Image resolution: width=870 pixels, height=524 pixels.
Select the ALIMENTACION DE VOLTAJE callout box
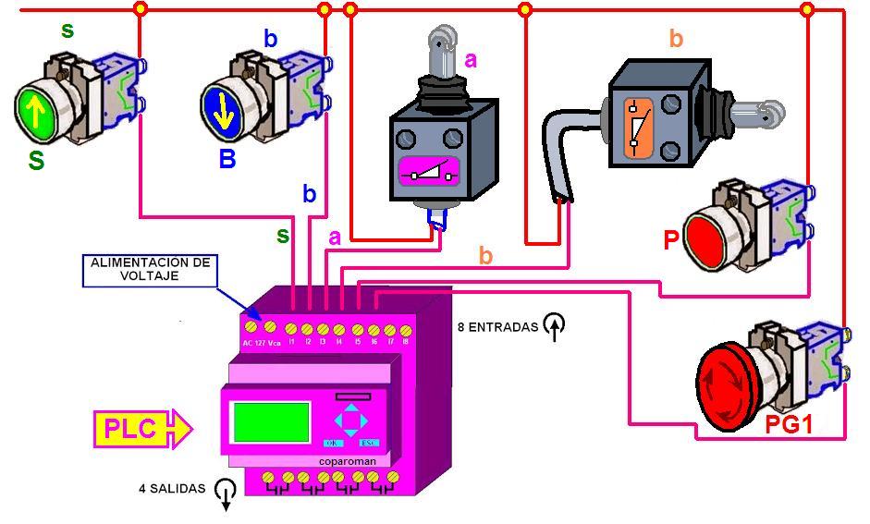click(x=150, y=269)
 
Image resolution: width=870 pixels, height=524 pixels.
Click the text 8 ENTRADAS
click(x=497, y=326)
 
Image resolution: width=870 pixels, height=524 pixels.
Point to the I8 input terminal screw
click(x=405, y=329)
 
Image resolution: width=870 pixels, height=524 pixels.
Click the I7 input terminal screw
click(x=389, y=329)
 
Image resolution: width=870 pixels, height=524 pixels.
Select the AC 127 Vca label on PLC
click(x=261, y=343)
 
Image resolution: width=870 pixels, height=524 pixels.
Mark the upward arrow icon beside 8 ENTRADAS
click(x=555, y=326)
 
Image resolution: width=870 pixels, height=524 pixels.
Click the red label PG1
click(x=789, y=426)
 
